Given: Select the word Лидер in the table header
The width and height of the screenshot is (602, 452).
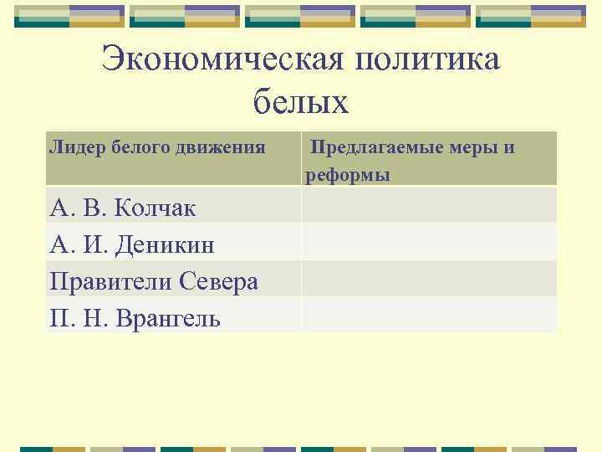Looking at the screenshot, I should pyautogui.click(x=72, y=148).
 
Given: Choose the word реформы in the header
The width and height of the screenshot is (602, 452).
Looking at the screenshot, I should pyautogui.click(x=347, y=175).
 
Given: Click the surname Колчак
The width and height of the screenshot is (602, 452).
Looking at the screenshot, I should pyautogui.click(x=154, y=208).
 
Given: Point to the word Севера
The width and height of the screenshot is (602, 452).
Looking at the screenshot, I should pyautogui.click(x=219, y=282).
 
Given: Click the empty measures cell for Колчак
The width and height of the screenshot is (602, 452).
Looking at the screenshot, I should pyautogui.click(x=428, y=205).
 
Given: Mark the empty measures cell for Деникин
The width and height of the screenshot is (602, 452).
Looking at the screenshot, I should pyautogui.click(x=428, y=242).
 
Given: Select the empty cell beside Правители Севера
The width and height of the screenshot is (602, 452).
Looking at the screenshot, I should pyautogui.click(x=428, y=279).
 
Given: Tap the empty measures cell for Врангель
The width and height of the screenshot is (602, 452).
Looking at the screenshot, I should pyautogui.click(x=428, y=316).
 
